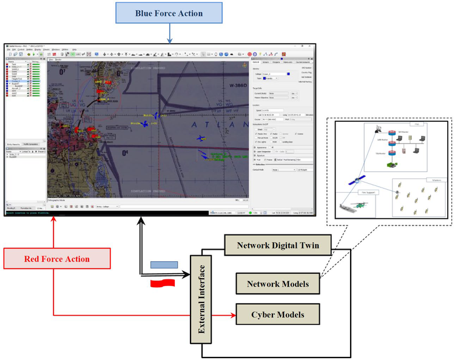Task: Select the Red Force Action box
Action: click(56, 259)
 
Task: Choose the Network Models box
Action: click(277, 283)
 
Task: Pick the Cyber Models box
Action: click(277, 315)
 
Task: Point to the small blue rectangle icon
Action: click(163, 264)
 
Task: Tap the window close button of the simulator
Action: click(311, 45)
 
